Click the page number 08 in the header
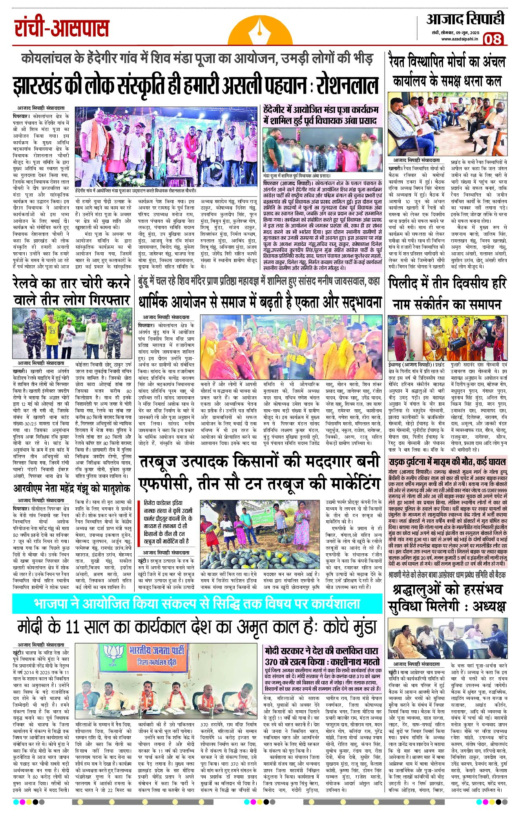[x=493, y=39]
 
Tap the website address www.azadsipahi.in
[x=459, y=39]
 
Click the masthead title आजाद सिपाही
[x=465, y=19]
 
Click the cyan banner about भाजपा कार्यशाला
[x=197, y=604]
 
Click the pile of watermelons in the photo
[x=259, y=557]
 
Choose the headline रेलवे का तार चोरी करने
[x=71, y=291]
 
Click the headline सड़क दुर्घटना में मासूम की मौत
[x=447, y=462]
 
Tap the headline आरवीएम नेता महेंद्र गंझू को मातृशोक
[x=72, y=489]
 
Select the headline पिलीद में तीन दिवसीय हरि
[x=447, y=283]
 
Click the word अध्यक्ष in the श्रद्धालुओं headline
[x=489, y=607]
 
